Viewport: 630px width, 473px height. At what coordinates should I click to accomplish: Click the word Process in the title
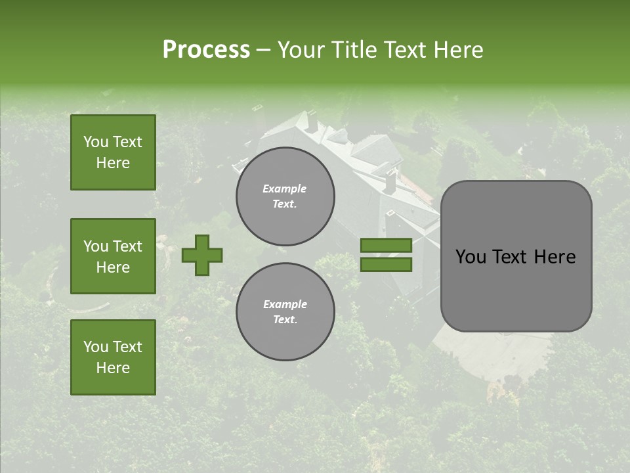(206, 50)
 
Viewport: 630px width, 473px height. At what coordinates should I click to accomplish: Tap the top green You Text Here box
(113, 152)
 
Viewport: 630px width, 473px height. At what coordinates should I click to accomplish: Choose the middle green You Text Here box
(113, 256)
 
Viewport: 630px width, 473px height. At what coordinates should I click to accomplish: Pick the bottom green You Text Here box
(113, 357)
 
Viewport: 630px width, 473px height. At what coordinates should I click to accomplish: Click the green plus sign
(201, 255)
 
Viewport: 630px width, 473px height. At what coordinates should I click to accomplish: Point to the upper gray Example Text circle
(285, 196)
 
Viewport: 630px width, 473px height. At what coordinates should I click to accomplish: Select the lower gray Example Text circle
(285, 312)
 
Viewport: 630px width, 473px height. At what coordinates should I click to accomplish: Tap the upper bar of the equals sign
(386, 245)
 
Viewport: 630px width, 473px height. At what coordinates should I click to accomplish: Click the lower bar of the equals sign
(386, 265)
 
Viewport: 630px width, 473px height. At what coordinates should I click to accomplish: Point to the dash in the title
(263, 50)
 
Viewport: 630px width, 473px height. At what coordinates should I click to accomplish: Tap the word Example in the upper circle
(285, 189)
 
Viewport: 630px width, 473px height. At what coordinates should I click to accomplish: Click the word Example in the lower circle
(285, 304)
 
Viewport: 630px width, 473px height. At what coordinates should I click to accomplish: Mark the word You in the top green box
(96, 142)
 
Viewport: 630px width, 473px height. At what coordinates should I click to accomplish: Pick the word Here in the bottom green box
(113, 368)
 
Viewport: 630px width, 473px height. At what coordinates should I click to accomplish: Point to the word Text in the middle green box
(127, 246)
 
